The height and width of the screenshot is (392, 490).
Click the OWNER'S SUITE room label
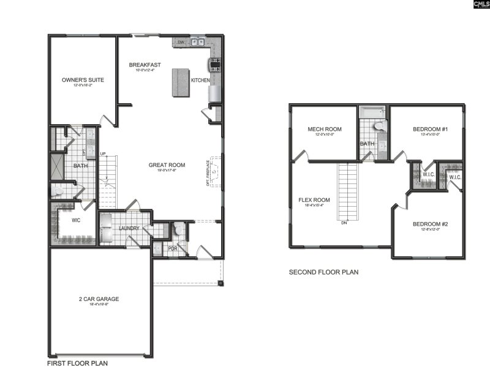[x=83, y=80]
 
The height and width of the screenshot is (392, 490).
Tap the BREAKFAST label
[x=145, y=65]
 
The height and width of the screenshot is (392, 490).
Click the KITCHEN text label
[x=200, y=81]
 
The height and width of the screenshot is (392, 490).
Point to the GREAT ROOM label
[x=167, y=165]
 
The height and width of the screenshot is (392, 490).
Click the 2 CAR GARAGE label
[x=99, y=299]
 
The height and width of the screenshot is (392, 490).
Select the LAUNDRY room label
[x=129, y=229]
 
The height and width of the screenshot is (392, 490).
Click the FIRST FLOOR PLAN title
[x=78, y=363]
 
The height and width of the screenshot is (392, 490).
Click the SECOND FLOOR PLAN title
[x=323, y=272]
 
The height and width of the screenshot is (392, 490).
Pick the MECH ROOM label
[x=325, y=129]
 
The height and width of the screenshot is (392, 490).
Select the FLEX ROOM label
[x=314, y=200]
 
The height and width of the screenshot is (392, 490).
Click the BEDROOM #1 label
[x=431, y=130]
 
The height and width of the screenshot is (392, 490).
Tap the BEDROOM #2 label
[x=427, y=224]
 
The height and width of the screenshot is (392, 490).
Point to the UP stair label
[x=103, y=153]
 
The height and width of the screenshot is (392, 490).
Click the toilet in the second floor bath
[x=378, y=126]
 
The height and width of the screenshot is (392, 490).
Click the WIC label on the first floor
[x=77, y=219]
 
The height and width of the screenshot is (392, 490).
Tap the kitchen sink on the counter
[x=197, y=42]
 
